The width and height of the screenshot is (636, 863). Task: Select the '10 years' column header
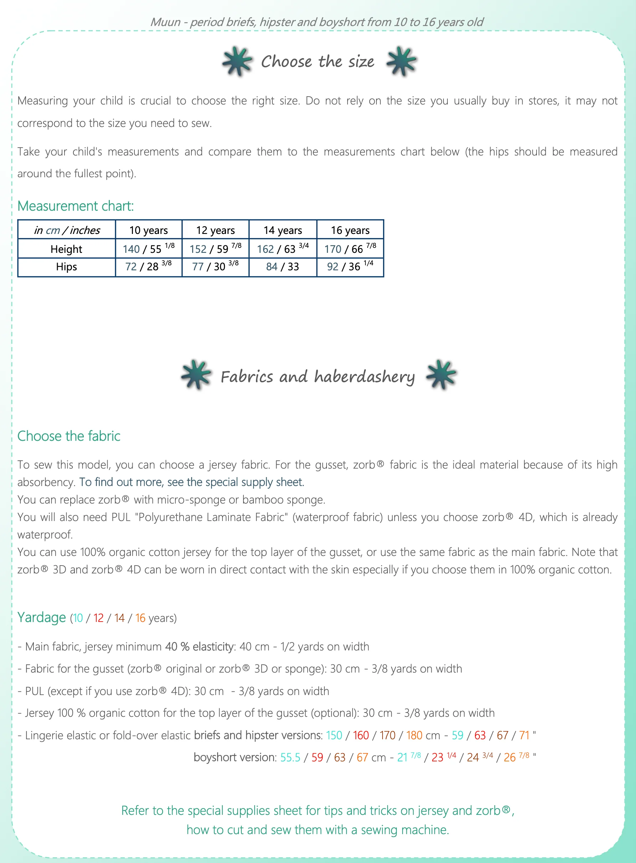pos(149,230)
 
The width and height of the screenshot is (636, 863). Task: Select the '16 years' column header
pos(350,230)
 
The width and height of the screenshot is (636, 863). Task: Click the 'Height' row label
pos(66,249)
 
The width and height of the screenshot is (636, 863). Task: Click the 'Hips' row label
pos(66,266)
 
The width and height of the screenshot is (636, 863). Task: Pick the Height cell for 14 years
pos(283,249)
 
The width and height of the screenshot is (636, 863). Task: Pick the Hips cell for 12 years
pos(215,266)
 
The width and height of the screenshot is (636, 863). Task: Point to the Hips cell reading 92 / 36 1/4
pos(350,266)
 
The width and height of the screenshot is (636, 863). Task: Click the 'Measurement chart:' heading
pos(76,206)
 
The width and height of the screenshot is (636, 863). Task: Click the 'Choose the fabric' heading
pos(69,436)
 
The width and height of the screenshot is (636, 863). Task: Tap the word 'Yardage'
pos(42,617)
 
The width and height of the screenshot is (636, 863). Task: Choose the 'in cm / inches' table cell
pos(67,230)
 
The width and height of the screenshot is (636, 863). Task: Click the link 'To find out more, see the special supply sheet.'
pos(192,482)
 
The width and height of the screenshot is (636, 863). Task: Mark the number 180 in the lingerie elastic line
pos(414,735)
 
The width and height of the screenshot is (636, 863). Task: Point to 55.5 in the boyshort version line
pos(290,757)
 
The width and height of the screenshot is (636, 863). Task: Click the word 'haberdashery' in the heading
pos(365,377)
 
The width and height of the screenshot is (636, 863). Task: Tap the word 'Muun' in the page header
pos(165,22)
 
